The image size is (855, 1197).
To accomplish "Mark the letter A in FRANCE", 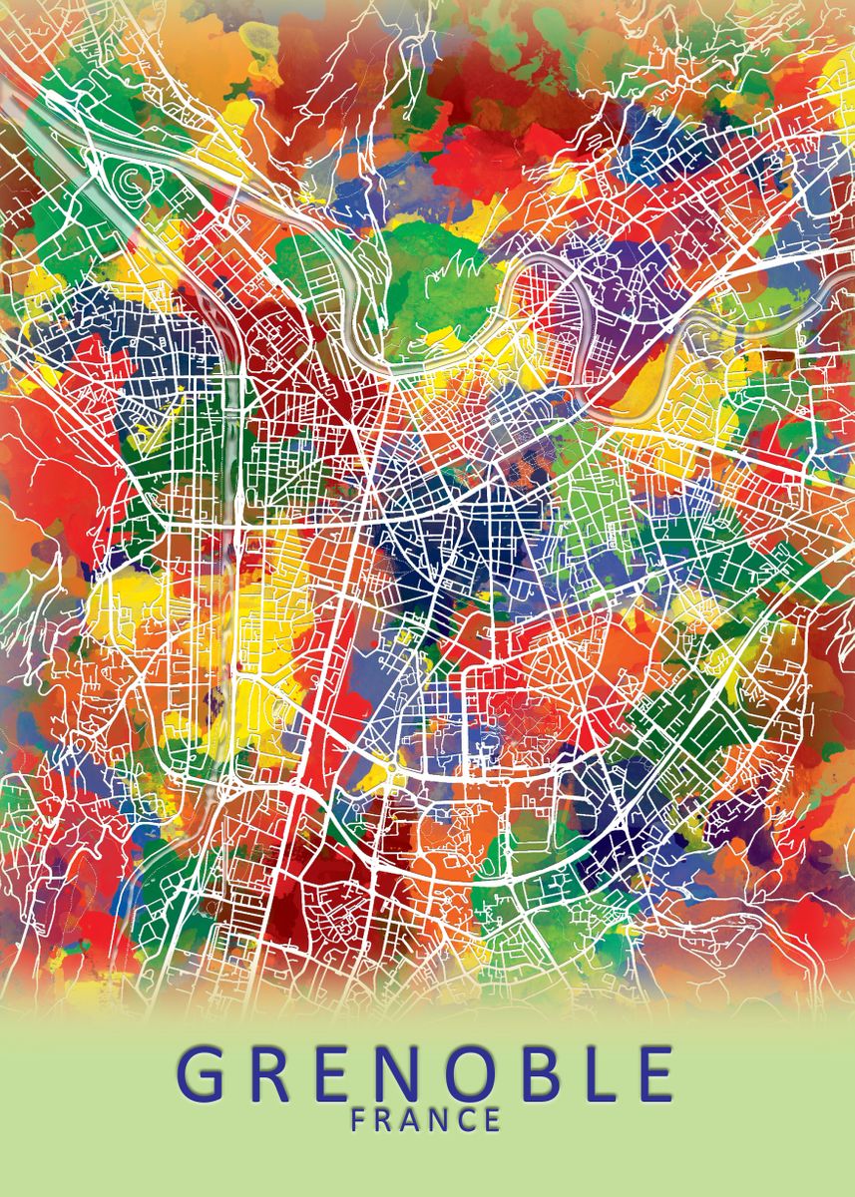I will [412, 1120].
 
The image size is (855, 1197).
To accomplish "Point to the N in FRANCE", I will [440, 1120].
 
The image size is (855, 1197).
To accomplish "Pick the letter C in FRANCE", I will [466, 1120].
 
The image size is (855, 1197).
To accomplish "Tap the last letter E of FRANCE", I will [491, 1120].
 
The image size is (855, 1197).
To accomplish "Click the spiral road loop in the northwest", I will [132, 180].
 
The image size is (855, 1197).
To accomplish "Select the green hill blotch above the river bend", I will [439, 279].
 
